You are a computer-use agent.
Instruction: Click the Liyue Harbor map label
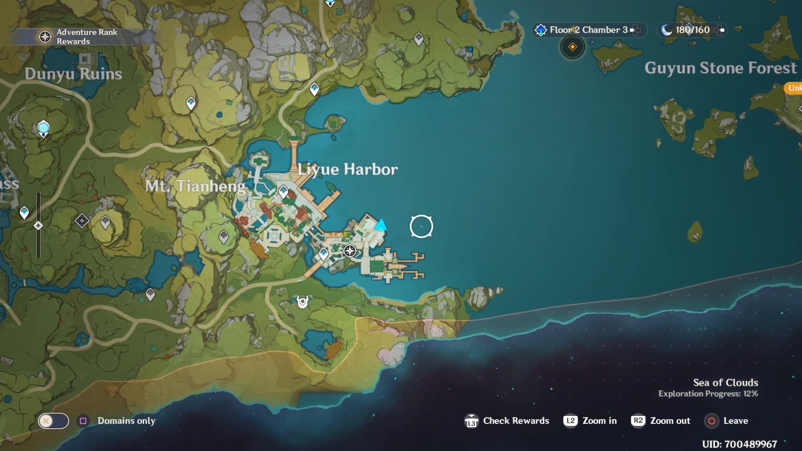[x=348, y=170]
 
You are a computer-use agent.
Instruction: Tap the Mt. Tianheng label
[x=195, y=186]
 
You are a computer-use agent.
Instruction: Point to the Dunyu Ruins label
[x=73, y=74]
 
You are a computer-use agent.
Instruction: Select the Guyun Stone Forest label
[x=721, y=68]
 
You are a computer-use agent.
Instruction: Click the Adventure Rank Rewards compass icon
[x=45, y=37]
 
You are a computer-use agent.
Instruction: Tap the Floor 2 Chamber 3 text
[x=589, y=30]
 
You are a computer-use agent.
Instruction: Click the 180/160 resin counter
[x=692, y=30]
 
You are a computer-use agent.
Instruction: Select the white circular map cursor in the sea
[x=421, y=226]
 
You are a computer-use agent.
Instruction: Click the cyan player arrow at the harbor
[x=381, y=225]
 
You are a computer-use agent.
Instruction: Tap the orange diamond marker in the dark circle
[x=572, y=47]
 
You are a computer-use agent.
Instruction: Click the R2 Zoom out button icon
[x=638, y=421]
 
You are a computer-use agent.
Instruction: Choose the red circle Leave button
[x=712, y=421]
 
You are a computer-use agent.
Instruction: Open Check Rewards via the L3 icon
[x=471, y=421]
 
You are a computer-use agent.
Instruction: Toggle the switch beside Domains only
[x=53, y=421]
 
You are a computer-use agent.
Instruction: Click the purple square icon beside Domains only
[x=83, y=421]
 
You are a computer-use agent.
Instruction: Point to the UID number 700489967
[x=739, y=444]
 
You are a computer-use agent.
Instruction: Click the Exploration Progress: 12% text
[x=708, y=394]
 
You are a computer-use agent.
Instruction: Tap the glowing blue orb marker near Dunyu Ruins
[x=43, y=127]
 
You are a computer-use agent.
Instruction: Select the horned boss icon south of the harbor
[x=302, y=301]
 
